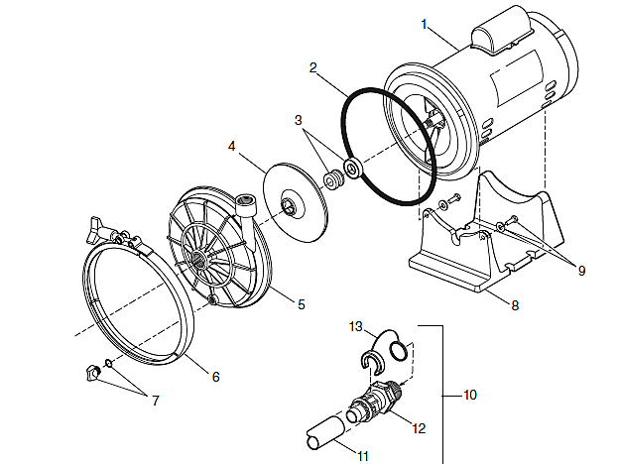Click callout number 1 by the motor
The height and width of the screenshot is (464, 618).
[x=425, y=25]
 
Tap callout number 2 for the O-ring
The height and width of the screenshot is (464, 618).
[x=312, y=67]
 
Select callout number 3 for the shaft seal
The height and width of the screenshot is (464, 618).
[x=299, y=120]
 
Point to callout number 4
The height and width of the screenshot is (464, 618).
[x=232, y=146]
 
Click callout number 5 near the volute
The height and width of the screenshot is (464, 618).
[x=302, y=304]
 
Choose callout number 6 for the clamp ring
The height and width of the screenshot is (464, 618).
[x=215, y=377]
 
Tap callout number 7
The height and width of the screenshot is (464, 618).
[x=156, y=401]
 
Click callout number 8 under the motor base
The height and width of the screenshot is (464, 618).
[x=515, y=305]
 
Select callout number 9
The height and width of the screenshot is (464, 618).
[x=581, y=271]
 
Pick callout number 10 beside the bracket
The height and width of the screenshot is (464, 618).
[x=470, y=395]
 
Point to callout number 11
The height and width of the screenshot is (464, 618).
[x=363, y=456]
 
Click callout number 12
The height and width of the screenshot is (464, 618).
[x=419, y=428]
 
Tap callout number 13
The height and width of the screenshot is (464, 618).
[x=355, y=326]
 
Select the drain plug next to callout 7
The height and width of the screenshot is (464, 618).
[x=92, y=373]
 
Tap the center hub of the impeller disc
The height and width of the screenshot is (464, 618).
[x=288, y=206]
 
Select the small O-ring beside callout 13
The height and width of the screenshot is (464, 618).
[x=399, y=351]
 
